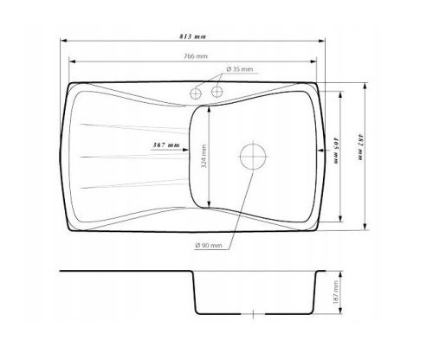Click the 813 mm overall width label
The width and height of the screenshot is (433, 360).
coord(192,36)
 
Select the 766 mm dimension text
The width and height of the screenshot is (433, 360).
coord(196,56)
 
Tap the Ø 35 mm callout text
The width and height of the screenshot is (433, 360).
coord(240,69)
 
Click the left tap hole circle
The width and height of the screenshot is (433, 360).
coord(196,93)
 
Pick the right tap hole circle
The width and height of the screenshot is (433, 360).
coord(217,92)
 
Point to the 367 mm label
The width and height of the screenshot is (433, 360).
coord(166,145)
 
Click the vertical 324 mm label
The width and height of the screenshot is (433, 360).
coord(204,156)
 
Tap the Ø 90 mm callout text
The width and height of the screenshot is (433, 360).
coord(209,246)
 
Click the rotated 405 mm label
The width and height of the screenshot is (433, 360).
coord(336,151)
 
